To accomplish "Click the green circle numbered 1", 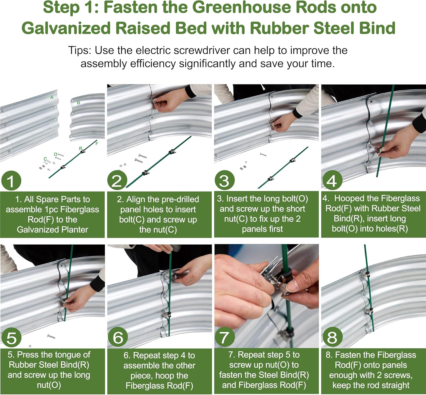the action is tap(11, 180).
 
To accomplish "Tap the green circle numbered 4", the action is tap(332, 180).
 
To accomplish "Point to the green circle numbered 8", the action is tap(332, 337).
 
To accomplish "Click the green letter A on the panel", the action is tap(52, 98).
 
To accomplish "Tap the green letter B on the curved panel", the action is tap(78, 103).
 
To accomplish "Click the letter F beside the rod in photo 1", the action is tap(97, 143).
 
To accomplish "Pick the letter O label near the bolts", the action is tap(56, 154).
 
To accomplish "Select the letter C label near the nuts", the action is tap(45, 159).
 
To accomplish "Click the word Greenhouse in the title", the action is tap(242, 7).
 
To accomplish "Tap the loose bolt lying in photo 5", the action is tap(51, 336).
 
